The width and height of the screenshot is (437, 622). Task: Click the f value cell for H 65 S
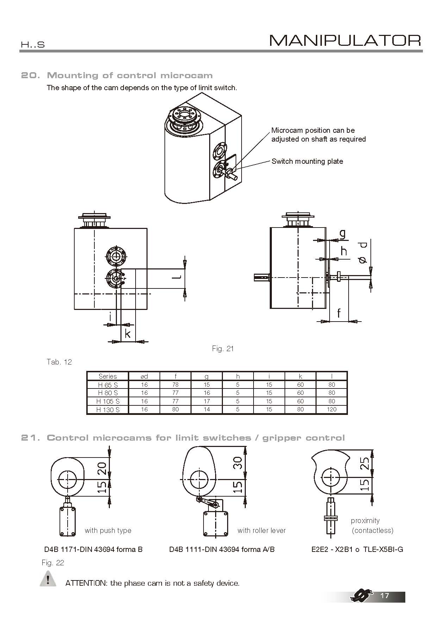point(175,385)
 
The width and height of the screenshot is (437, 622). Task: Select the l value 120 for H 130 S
point(331,409)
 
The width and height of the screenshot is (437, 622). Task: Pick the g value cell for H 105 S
point(207,401)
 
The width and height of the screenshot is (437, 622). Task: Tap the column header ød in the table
point(144,376)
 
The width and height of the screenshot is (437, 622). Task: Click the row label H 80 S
point(108,393)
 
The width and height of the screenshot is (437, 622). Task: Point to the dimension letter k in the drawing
point(128,334)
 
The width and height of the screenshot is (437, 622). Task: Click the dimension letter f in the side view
point(339,313)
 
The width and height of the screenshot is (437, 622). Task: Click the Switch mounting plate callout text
point(307,161)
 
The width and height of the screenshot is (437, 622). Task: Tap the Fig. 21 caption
point(223,349)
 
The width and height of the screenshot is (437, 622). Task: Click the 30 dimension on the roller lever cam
point(238,462)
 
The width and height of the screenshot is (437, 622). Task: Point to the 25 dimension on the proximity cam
point(365,463)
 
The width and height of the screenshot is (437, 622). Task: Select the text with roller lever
point(261,530)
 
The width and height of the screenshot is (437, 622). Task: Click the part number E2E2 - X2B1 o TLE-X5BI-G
point(357,549)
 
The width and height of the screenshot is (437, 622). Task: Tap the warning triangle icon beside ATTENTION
point(48,580)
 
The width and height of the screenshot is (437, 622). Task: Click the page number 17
point(385,596)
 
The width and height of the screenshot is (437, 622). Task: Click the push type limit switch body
point(68,521)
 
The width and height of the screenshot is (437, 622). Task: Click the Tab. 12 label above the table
point(59,362)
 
